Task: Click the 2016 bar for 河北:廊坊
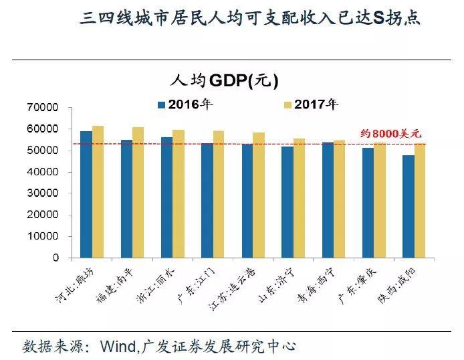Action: (86, 194)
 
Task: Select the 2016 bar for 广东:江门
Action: (207, 200)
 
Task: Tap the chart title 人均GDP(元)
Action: (224, 80)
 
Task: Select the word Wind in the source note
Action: (118, 347)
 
